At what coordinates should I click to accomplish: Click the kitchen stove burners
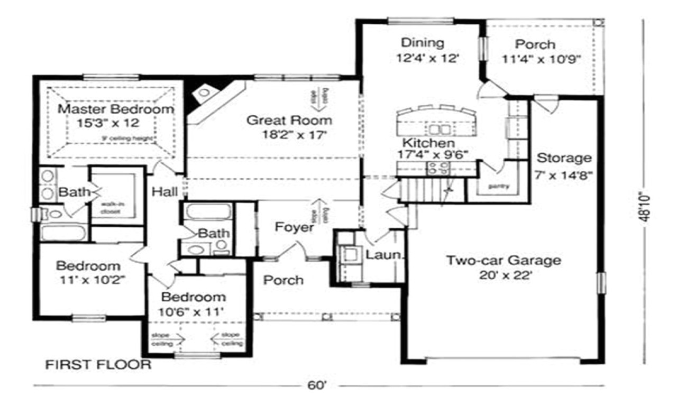(438, 169)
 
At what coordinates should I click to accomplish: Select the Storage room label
(563, 158)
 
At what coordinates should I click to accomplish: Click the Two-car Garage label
(503, 261)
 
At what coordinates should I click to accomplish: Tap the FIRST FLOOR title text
(97, 365)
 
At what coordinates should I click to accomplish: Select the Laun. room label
(385, 255)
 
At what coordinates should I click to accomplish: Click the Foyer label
(294, 227)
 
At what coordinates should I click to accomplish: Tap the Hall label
(165, 192)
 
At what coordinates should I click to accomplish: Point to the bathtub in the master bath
(64, 233)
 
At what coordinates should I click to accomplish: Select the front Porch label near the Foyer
(283, 280)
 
